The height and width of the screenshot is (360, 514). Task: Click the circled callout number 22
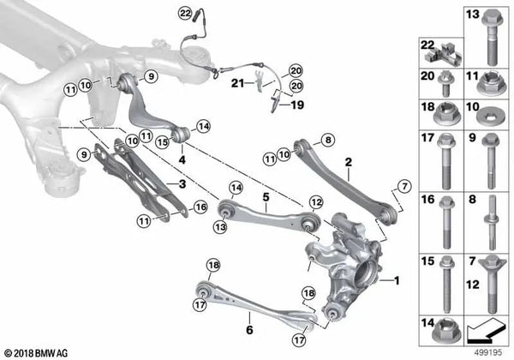point(186,14)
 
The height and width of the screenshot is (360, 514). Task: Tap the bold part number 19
point(297,105)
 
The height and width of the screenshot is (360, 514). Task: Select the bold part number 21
point(237,83)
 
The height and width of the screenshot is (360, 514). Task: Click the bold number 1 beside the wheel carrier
point(397,280)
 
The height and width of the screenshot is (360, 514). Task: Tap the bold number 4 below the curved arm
point(182,159)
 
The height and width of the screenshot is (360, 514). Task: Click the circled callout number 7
point(404,187)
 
